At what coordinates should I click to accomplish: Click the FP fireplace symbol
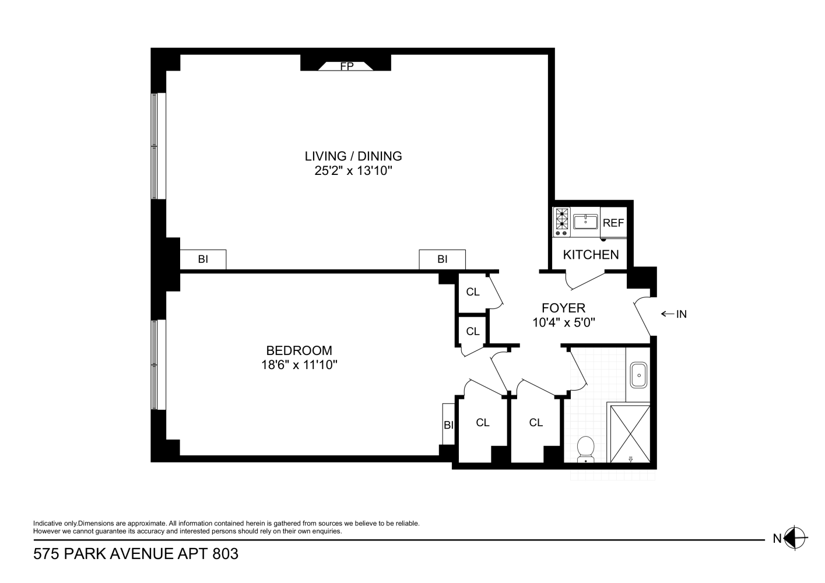pyautogui.click(x=347, y=66)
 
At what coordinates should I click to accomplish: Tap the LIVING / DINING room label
pyautogui.click(x=353, y=156)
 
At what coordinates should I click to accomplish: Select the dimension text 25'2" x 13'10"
pyautogui.click(x=353, y=171)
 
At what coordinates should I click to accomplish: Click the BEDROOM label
pyautogui.click(x=299, y=350)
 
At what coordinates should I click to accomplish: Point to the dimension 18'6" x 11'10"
pyautogui.click(x=300, y=365)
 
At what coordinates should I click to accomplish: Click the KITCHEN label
pyautogui.click(x=591, y=255)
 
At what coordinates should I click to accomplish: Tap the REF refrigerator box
pyautogui.click(x=613, y=223)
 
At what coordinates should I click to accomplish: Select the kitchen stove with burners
pyautogui.click(x=561, y=222)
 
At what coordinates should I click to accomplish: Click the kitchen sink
pyautogui.click(x=585, y=222)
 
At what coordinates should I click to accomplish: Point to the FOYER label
pyautogui.click(x=563, y=308)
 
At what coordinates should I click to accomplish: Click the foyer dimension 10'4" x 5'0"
pyautogui.click(x=563, y=322)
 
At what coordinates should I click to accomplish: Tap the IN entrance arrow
pyautogui.click(x=673, y=314)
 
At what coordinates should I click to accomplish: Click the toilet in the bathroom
pyautogui.click(x=585, y=449)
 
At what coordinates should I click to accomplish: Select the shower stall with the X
pyautogui.click(x=629, y=433)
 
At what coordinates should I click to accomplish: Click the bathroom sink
pyautogui.click(x=638, y=374)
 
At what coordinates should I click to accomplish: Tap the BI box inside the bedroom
pyautogui.click(x=448, y=425)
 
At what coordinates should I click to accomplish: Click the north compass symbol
pyautogui.click(x=796, y=538)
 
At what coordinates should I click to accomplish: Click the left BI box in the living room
pyautogui.click(x=203, y=259)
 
